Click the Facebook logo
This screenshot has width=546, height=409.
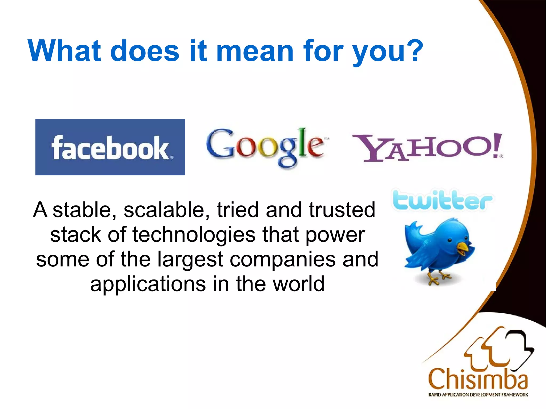point(110,147)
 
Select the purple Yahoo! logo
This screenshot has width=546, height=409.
point(428,148)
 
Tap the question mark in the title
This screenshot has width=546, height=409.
point(414,51)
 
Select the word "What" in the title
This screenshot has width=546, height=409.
point(64,51)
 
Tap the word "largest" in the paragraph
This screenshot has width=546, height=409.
point(190,259)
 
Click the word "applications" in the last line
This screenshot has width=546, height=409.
point(148,284)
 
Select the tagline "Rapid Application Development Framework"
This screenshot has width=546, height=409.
point(478,395)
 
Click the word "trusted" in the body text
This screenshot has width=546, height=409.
point(342,210)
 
